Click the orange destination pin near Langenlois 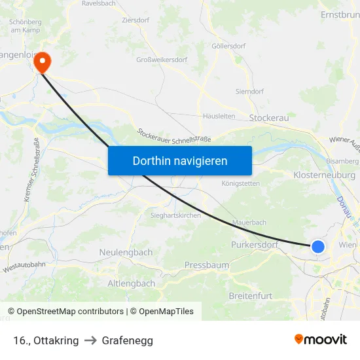click(x=43, y=62)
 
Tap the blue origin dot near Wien click(x=317, y=246)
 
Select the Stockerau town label click(x=269, y=118)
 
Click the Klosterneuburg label click(x=325, y=175)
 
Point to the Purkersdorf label click(x=255, y=245)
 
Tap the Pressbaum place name click(x=207, y=265)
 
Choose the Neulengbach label click(x=126, y=252)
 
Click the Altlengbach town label click(x=132, y=283)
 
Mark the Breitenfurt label click(x=251, y=296)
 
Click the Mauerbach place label click(x=250, y=223)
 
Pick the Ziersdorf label click(x=135, y=20)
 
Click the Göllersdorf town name click(x=228, y=46)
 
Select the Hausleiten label click(x=219, y=116)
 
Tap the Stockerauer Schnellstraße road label click(x=173, y=135)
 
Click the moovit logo click(x=321, y=340)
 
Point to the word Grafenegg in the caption click(x=128, y=340)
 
